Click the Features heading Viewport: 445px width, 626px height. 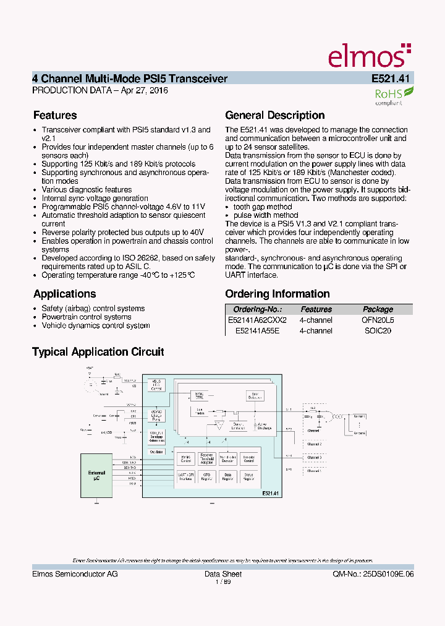(x=55, y=115)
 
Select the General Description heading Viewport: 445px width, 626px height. (x=274, y=115)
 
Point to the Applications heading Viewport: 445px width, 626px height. (x=64, y=294)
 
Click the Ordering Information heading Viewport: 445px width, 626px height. (x=278, y=294)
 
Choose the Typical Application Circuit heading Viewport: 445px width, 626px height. (x=98, y=352)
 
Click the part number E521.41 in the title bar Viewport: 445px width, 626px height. (x=392, y=79)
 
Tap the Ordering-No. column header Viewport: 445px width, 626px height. (x=257, y=309)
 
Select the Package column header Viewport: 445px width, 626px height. (x=378, y=309)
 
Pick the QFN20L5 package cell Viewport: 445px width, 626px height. (x=378, y=320)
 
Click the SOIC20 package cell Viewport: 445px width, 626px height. (x=378, y=331)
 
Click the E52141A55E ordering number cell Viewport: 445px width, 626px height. (x=257, y=331)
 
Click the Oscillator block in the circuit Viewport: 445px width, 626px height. (x=156, y=452)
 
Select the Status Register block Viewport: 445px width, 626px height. (x=248, y=476)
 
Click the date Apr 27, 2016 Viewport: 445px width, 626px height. (x=144, y=90)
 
